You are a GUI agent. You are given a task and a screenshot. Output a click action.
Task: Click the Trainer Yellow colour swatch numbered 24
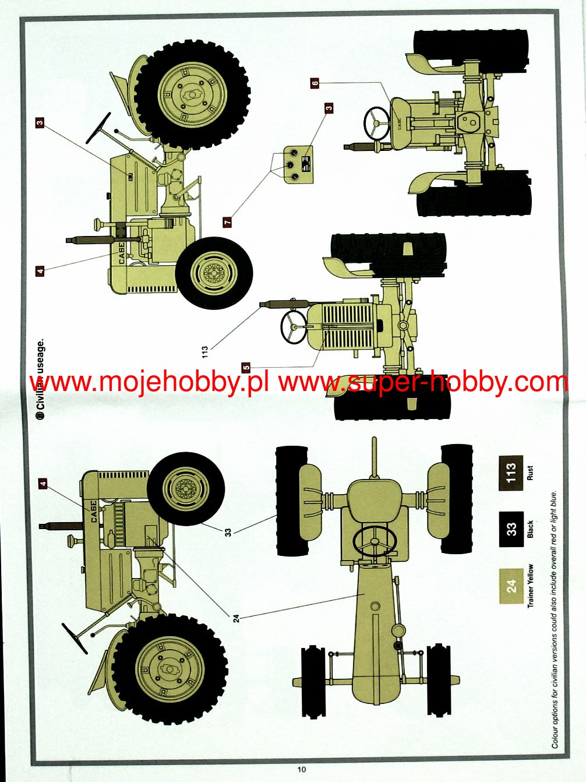pos(511,586)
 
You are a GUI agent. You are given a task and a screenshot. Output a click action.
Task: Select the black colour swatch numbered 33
pos(511,529)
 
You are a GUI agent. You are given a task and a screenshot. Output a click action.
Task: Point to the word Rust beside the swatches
pos(530,473)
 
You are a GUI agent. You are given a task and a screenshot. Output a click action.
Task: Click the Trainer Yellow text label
pos(531,586)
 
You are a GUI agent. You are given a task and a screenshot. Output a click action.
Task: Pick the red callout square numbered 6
pos(315,83)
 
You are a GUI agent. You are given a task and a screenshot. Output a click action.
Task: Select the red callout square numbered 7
pos(228,222)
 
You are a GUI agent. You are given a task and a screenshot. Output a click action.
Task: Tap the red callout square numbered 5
pos(246,367)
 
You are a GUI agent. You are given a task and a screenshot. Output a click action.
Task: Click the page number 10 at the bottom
pos(301,769)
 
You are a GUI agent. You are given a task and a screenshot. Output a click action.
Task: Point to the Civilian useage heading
pos(40,379)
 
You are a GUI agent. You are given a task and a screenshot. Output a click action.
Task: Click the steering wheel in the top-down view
pos(373,541)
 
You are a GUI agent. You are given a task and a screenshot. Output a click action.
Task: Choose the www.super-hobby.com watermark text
pos(422,382)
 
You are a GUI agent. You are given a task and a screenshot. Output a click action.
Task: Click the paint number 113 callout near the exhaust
pos(204,352)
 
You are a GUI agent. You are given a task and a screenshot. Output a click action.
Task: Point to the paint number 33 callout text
pos(228,531)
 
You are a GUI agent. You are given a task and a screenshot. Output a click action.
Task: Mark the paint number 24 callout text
pos(236,618)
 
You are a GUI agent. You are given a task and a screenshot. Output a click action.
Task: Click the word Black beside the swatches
pos(530,529)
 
